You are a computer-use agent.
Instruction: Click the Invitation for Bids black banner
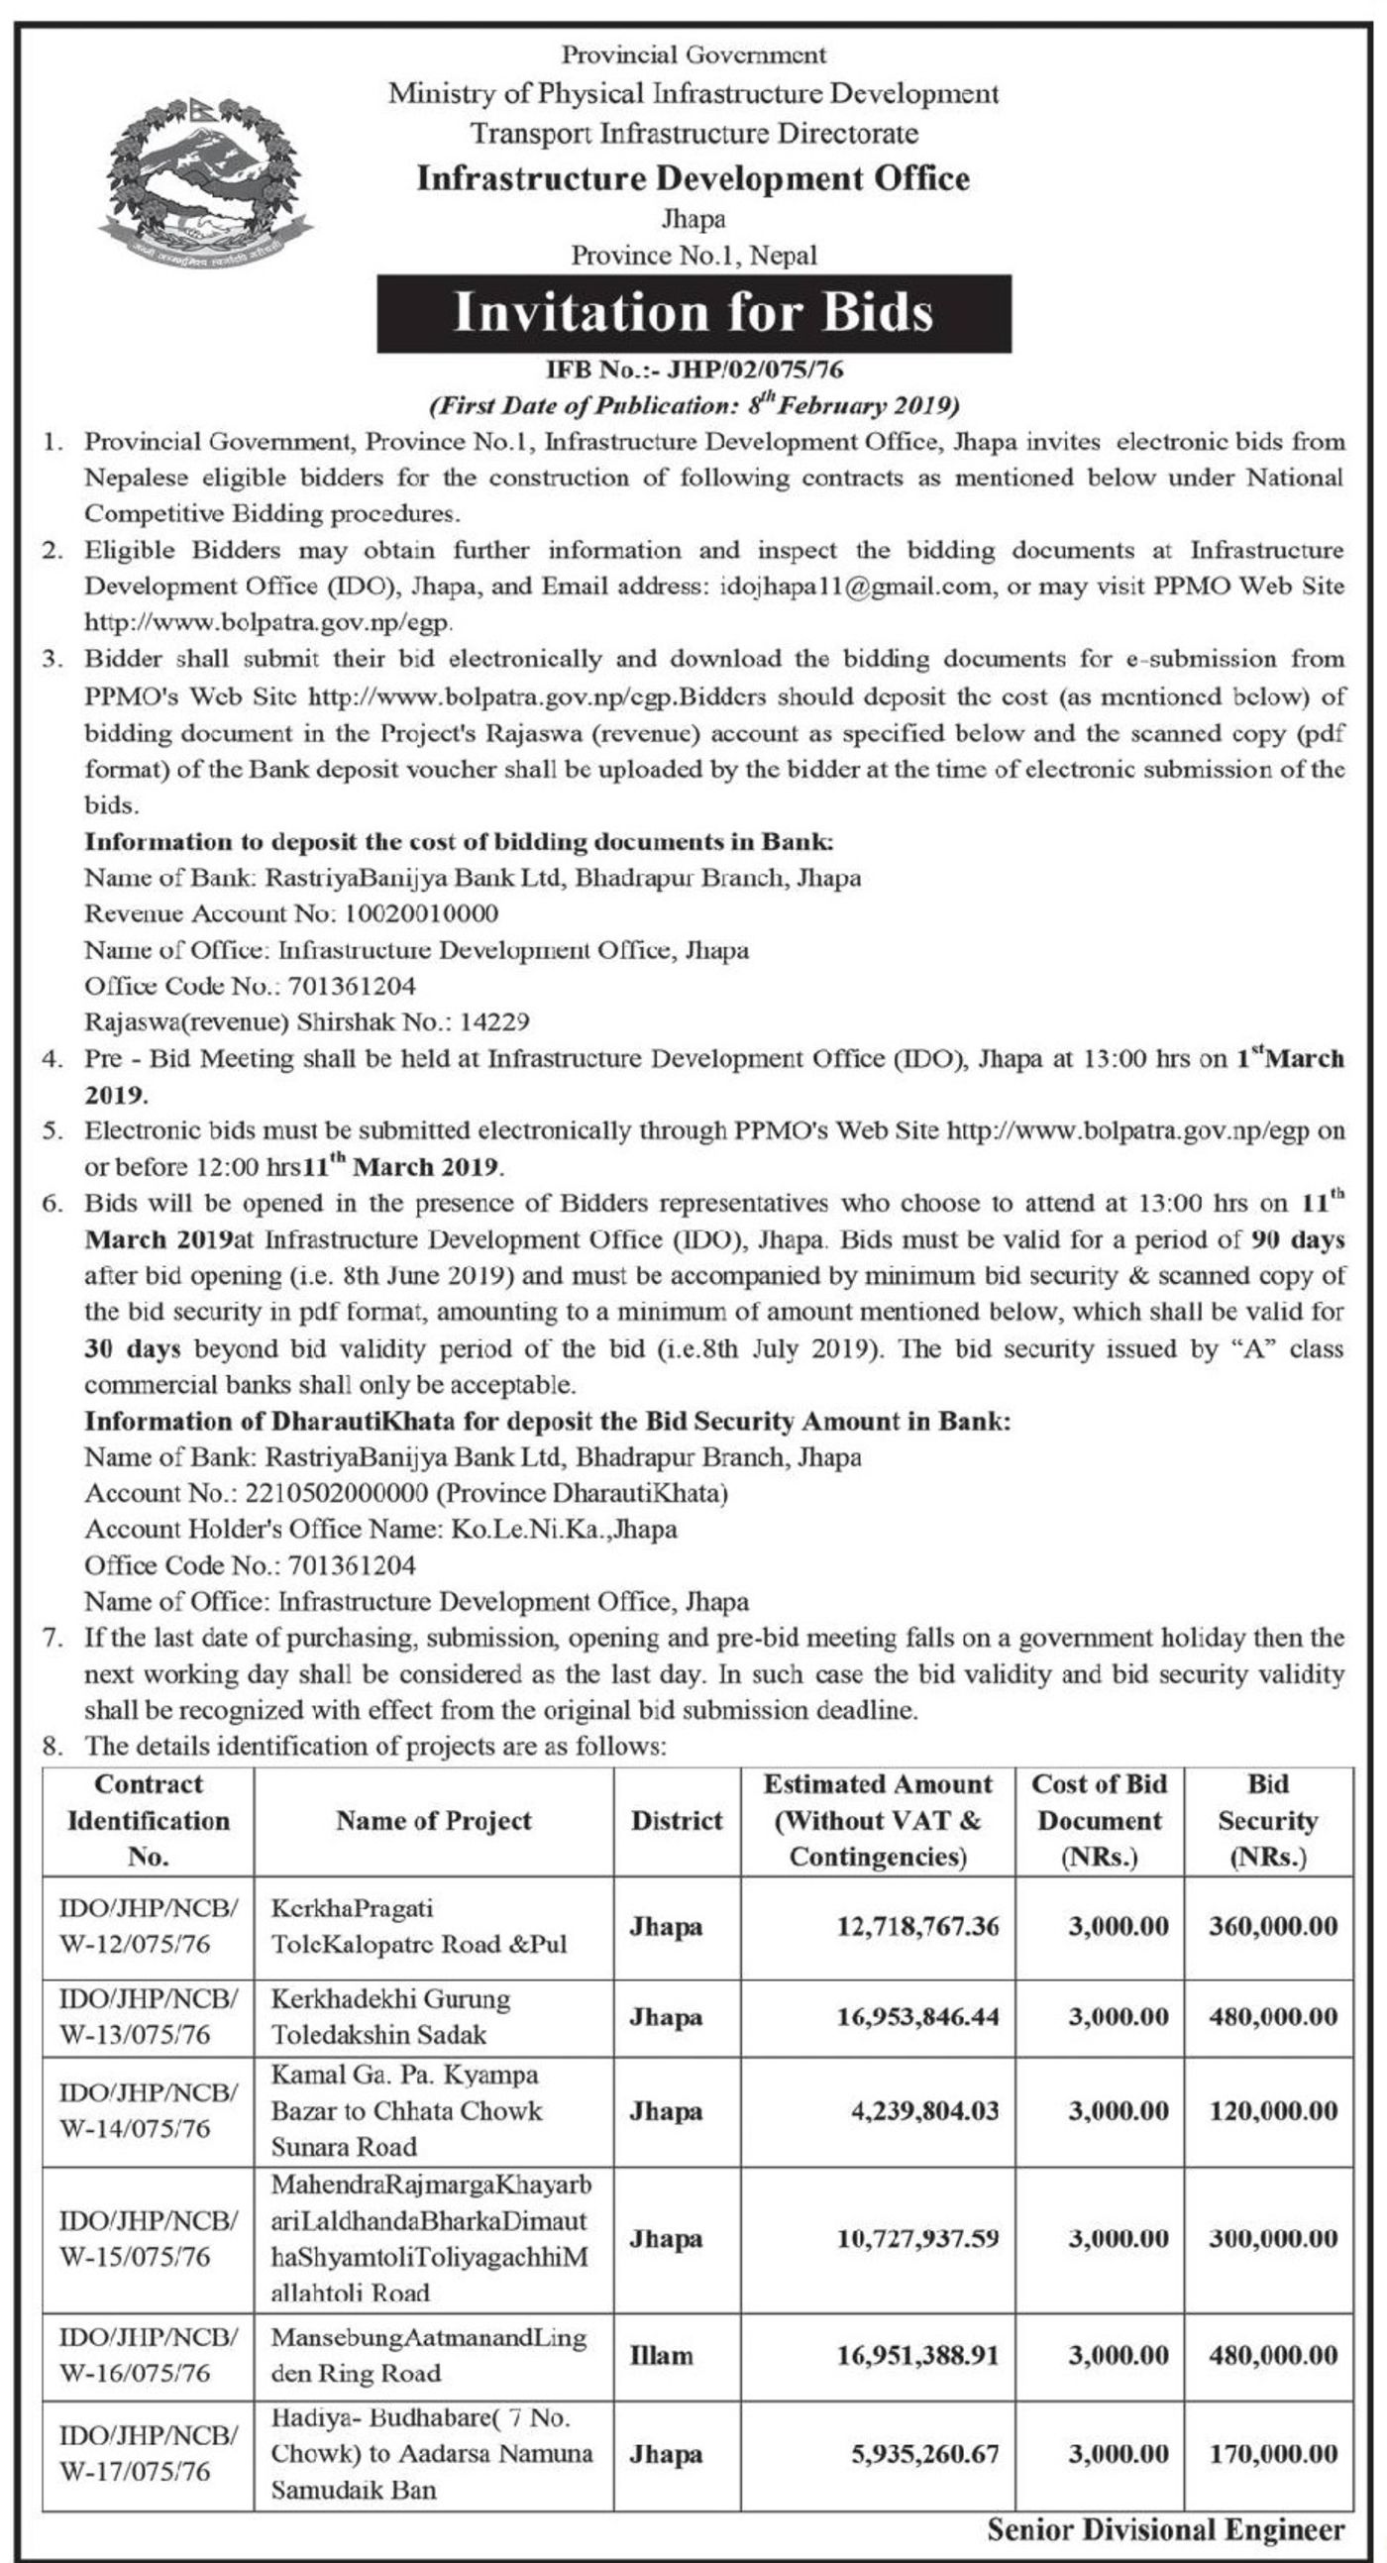[693, 312]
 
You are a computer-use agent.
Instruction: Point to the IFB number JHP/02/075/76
[693, 371]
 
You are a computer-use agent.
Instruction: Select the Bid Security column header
[1267, 1820]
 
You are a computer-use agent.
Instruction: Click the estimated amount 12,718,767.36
[915, 1926]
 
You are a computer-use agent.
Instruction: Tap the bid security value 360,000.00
[1273, 1926]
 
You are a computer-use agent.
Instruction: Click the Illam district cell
[661, 2355]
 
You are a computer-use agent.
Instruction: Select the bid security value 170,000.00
[1273, 2454]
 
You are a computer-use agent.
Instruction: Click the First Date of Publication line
[693, 405]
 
